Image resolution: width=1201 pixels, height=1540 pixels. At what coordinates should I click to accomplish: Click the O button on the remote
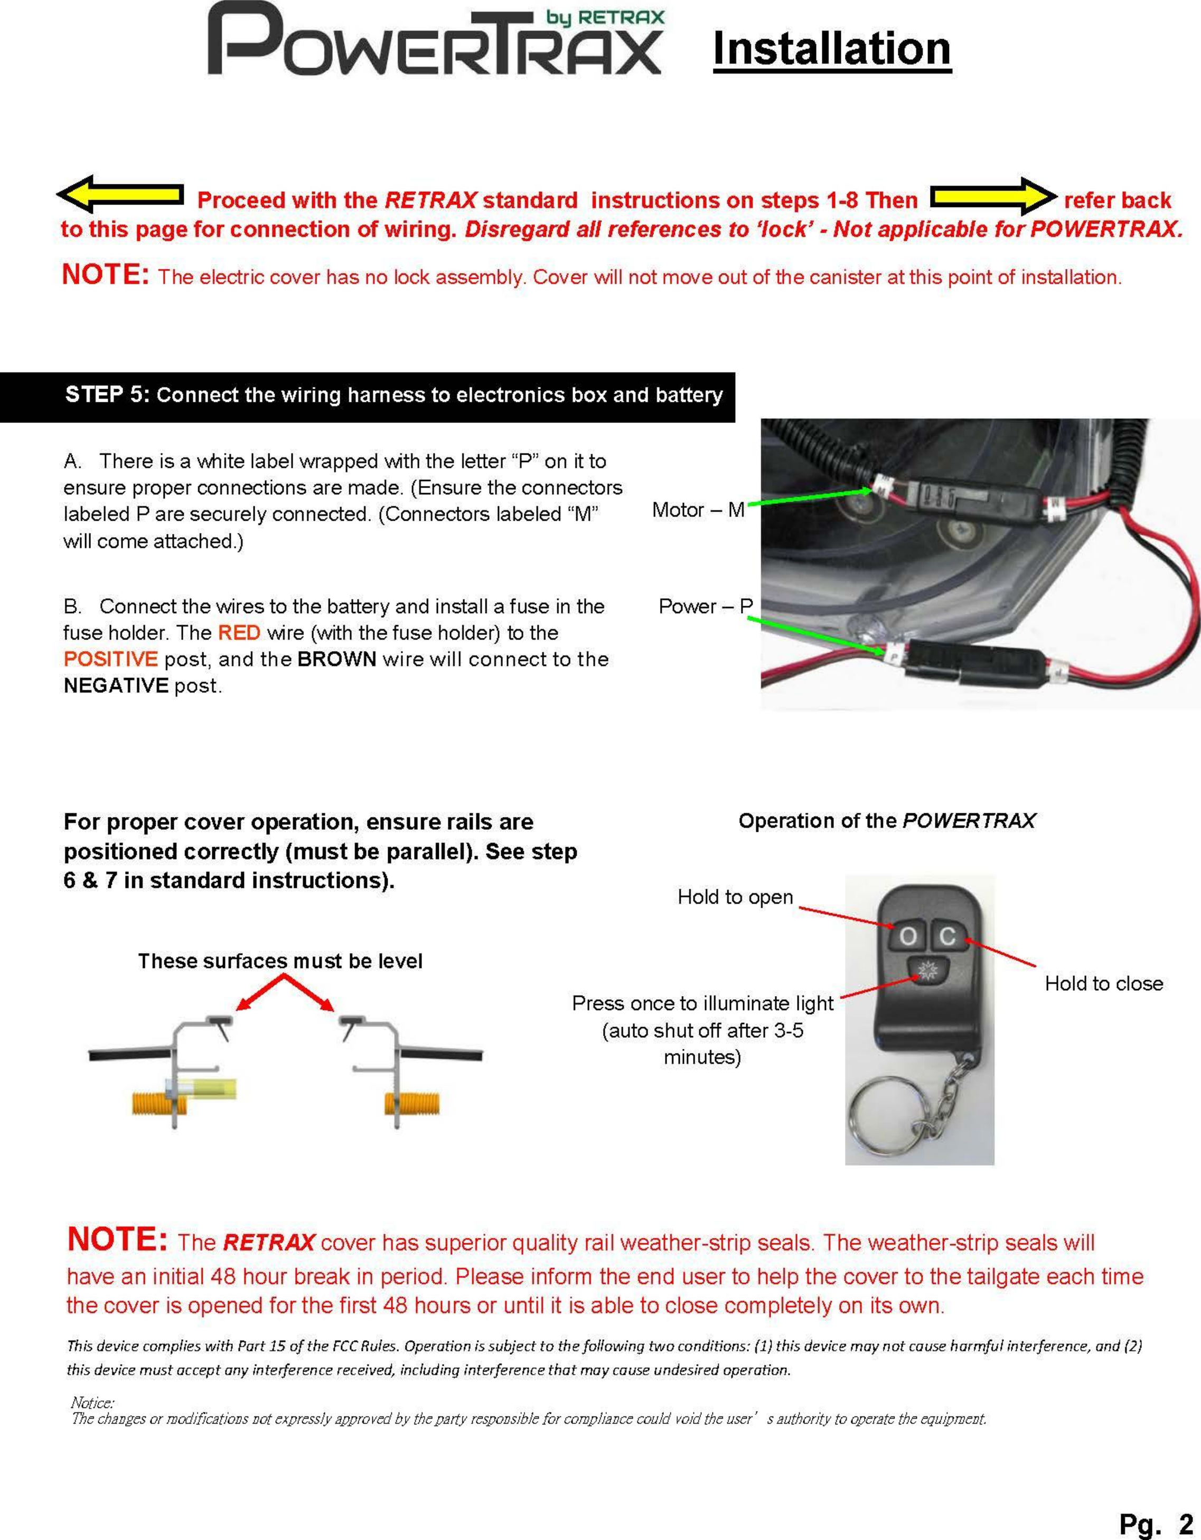[x=908, y=936]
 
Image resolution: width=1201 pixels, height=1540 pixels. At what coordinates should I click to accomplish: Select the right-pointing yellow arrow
[x=993, y=196]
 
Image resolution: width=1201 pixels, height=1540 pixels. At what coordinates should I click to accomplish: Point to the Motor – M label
[x=698, y=509]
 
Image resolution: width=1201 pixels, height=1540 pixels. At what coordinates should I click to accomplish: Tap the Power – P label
[x=705, y=606]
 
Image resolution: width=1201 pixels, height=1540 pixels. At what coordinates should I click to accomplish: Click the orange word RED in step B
[x=239, y=633]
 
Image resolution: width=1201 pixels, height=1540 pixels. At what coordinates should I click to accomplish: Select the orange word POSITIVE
[x=110, y=659]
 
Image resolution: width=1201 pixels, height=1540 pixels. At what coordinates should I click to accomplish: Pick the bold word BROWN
[x=336, y=659]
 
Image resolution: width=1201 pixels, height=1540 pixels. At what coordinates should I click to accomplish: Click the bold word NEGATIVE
[x=116, y=686]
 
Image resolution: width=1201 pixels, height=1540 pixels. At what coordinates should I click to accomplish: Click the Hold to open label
[x=735, y=897]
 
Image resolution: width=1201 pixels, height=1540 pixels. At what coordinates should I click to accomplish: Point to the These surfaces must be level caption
[x=280, y=961]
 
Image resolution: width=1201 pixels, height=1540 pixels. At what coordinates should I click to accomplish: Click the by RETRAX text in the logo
[x=605, y=17]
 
